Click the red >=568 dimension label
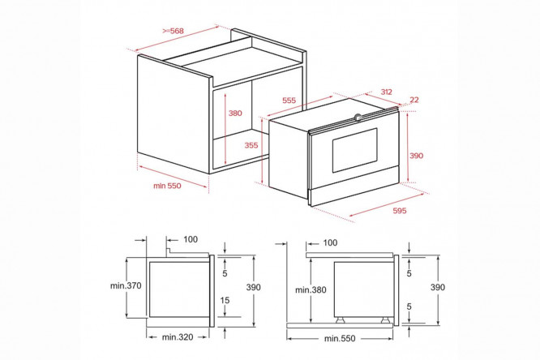(174, 31)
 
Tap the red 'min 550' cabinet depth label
(167, 186)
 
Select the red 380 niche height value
(235, 113)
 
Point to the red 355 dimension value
(251, 145)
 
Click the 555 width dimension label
(289, 101)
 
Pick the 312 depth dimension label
(387, 92)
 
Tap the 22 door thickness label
(414, 100)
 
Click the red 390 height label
(417, 156)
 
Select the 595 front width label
(400, 211)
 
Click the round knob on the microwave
(358, 117)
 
